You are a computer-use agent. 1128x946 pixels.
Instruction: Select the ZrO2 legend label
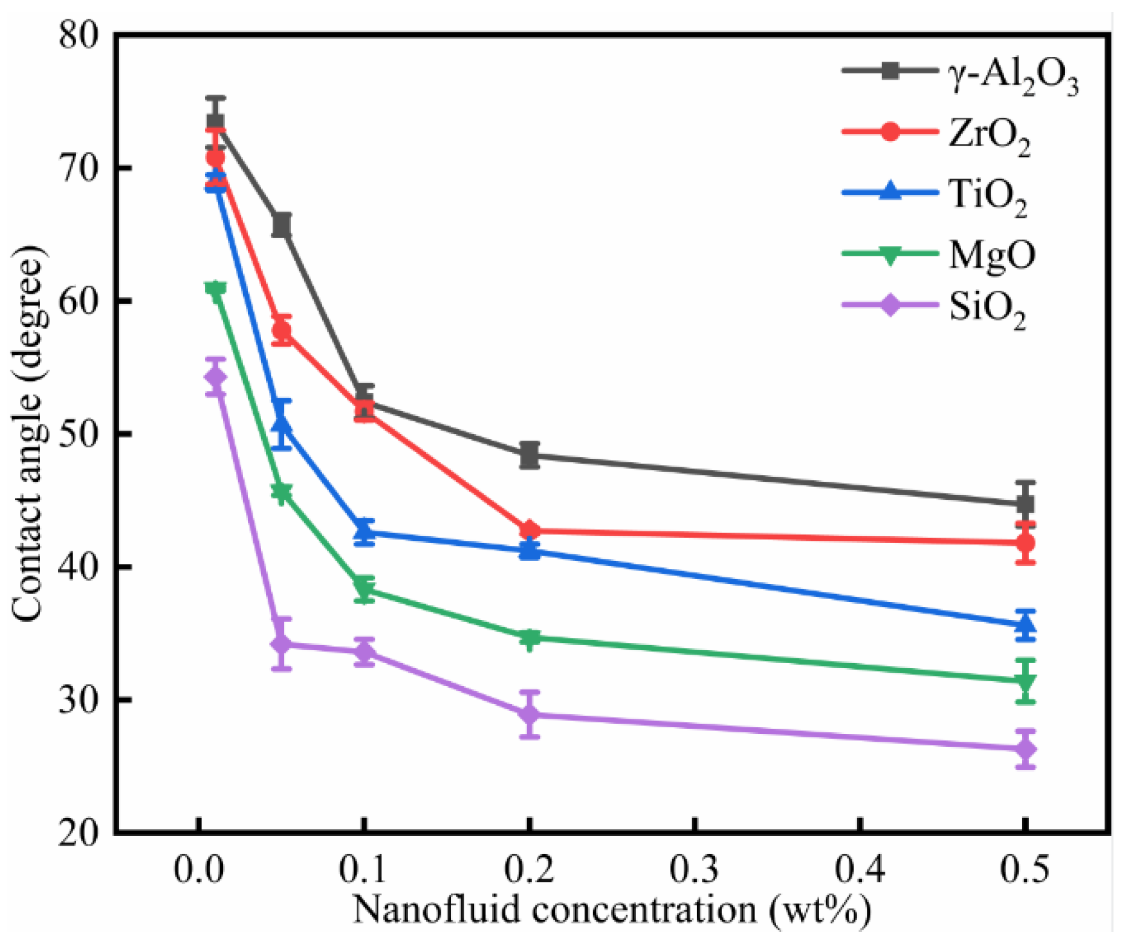[989, 135]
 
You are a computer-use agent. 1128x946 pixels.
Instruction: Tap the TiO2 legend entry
[988, 196]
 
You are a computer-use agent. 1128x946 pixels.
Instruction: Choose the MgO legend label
[991, 254]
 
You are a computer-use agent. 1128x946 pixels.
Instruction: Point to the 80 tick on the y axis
[79, 34]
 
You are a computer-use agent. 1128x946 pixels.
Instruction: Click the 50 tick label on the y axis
[79, 434]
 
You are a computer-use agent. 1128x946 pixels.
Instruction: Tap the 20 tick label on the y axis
[79, 833]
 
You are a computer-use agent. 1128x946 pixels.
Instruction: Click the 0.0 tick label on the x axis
[199, 870]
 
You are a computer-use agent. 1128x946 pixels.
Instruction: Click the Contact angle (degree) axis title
[29, 434]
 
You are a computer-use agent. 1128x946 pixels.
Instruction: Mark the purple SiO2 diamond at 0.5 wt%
[1025, 750]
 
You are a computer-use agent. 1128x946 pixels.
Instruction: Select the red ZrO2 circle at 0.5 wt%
[1025, 543]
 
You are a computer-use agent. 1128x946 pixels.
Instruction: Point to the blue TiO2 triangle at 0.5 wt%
[1025, 624]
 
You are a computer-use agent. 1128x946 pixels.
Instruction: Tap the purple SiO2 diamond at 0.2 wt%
[529, 714]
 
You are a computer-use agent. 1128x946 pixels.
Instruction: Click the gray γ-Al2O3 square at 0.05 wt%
[281, 225]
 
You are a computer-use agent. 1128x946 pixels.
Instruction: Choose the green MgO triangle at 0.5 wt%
[1025, 682]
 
